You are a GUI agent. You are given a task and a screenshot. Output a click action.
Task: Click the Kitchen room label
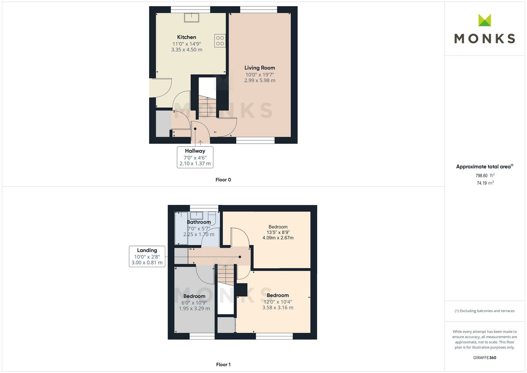click(186, 37)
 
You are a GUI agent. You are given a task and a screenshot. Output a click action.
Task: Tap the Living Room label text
click(260, 68)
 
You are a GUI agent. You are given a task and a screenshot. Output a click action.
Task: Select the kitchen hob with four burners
click(220, 40)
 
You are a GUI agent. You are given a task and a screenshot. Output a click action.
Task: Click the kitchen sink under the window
click(191, 18)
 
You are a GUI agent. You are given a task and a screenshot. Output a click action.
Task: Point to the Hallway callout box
click(195, 157)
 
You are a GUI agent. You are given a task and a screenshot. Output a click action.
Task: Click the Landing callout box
click(147, 256)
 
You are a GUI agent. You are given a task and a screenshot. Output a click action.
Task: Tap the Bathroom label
click(199, 222)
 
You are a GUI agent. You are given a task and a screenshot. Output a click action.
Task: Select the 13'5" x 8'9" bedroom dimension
click(278, 232)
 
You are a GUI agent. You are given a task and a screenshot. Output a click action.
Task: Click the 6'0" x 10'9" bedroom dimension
click(194, 303)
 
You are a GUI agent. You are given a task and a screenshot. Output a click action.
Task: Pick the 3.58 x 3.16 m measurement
click(277, 308)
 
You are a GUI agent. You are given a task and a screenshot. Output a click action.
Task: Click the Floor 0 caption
click(223, 180)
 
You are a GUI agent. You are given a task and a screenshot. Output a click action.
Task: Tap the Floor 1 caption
click(223, 364)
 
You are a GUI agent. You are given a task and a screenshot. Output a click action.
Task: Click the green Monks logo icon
click(485, 20)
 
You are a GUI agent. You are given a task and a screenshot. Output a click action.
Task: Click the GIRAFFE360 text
click(485, 358)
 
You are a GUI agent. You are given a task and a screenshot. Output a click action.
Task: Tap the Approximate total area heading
click(485, 167)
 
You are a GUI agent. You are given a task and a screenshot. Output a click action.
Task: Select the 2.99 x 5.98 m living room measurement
click(260, 80)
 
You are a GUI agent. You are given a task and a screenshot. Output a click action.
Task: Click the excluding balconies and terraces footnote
click(485, 311)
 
